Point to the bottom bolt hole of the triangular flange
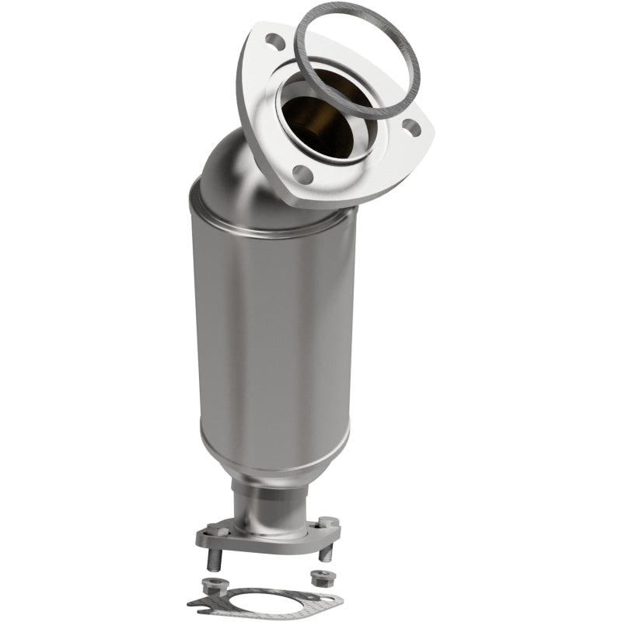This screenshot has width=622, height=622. pos(303,175)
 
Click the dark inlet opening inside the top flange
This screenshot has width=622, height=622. pos(319,117)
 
